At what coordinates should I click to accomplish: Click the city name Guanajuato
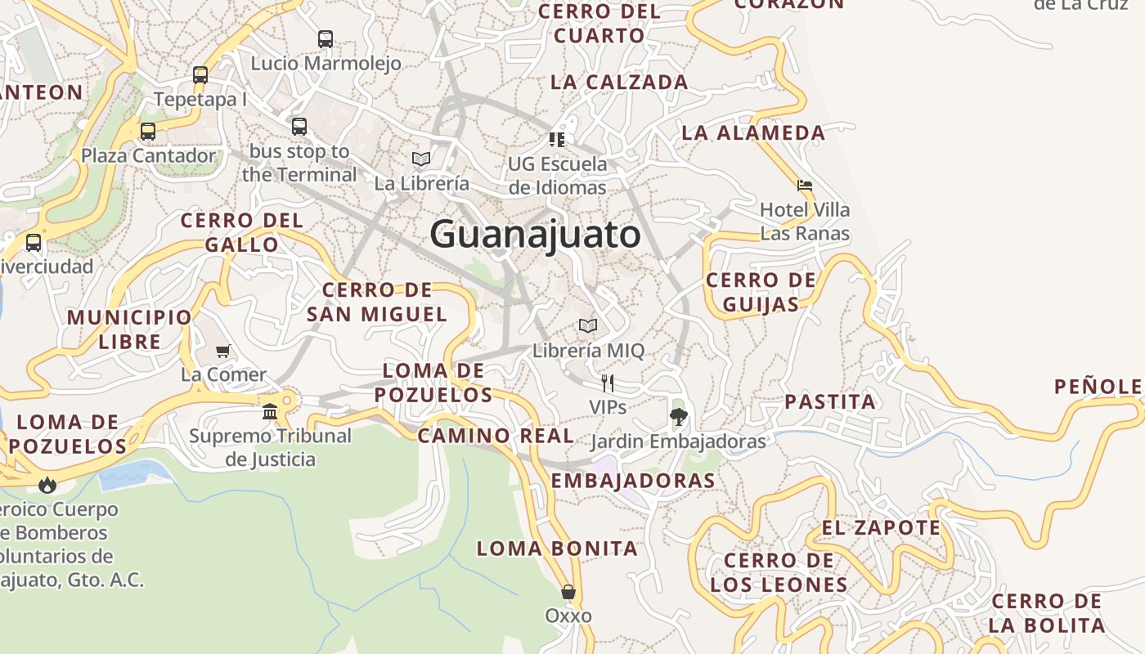[535, 235]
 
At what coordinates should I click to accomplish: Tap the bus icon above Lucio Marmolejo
[326, 38]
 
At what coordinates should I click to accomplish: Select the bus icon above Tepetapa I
[200, 75]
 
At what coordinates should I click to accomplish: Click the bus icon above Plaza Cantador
[148, 131]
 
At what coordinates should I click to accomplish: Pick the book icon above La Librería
[421, 159]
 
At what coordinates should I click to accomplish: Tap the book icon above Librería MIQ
[588, 326]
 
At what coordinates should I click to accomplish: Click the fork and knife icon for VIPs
[608, 383]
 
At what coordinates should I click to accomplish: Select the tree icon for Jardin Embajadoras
[678, 417]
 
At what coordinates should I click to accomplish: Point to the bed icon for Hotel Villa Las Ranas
[805, 186]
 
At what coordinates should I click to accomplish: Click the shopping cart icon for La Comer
[223, 351]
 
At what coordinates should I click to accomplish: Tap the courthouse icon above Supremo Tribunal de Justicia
[270, 411]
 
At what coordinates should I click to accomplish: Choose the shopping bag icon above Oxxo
[568, 591]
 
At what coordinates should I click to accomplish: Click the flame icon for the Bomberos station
[47, 485]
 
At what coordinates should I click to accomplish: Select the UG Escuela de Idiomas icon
[557, 140]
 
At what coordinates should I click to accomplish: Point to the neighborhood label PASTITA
[830, 401]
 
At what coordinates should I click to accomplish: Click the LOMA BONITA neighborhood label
[557, 548]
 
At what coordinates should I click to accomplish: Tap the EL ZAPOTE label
[882, 527]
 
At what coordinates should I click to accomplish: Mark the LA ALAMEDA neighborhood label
[753, 132]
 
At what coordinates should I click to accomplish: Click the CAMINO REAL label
[496, 436]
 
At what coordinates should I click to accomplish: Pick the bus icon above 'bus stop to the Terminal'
[299, 126]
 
